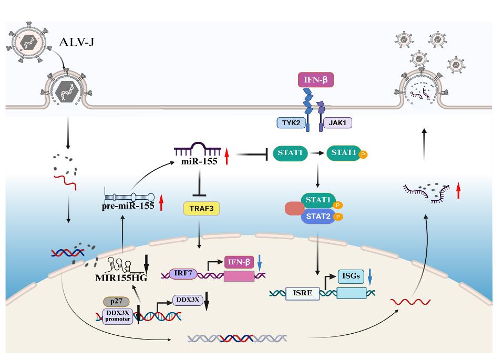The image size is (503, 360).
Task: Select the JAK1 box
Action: pos(337,123)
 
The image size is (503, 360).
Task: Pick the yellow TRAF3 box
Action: pos(201,209)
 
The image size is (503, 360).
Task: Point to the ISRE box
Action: pos(302,293)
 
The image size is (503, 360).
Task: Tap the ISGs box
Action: pos(351,275)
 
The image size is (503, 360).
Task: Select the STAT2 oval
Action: pos(317,215)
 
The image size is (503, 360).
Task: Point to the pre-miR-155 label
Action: pos(128,206)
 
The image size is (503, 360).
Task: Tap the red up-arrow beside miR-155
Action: pos(227,157)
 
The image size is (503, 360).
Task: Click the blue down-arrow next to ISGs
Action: pos(371,276)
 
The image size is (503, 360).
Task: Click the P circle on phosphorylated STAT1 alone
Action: pos(363,155)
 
